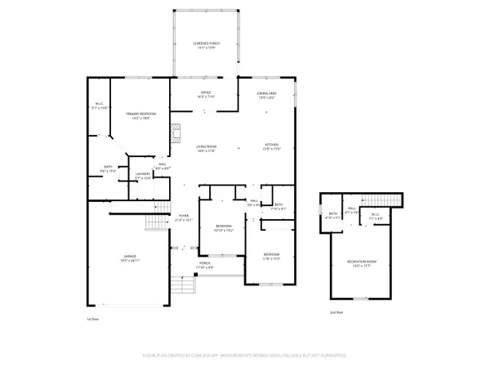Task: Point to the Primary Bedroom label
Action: click(x=140, y=115)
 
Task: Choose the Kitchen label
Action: click(x=270, y=148)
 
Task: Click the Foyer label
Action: click(x=184, y=218)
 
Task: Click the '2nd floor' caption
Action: click(x=336, y=312)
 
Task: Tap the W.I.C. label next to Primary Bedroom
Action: click(x=100, y=105)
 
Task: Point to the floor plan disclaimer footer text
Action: click(x=245, y=356)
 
